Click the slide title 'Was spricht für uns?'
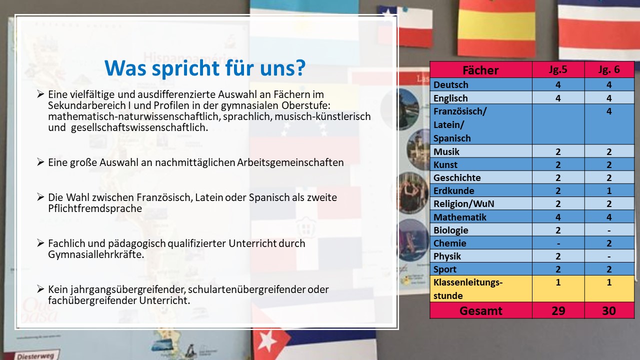(x=205, y=68)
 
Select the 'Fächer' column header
(x=480, y=70)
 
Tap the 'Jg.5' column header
(x=558, y=69)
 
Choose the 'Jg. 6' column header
(x=609, y=69)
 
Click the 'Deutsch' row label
(x=451, y=84)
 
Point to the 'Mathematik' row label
(x=459, y=217)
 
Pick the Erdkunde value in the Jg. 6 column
(x=609, y=190)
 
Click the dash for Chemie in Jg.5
(x=558, y=243)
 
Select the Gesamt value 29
(x=558, y=310)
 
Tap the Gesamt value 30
(x=609, y=310)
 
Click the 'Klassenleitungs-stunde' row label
(x=468, y=289)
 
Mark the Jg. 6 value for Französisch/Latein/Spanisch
(x=609, y=111)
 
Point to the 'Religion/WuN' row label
(x=463, y=203)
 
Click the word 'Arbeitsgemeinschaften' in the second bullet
(x=290, y=162)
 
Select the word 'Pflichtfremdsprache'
(x=95, y=208)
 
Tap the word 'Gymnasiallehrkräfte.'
(x=96, y=254)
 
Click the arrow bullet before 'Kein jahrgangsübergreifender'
(x=40, y=289)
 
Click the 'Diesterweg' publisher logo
(x=35, y=355)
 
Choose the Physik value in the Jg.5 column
(x=558, y=256)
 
